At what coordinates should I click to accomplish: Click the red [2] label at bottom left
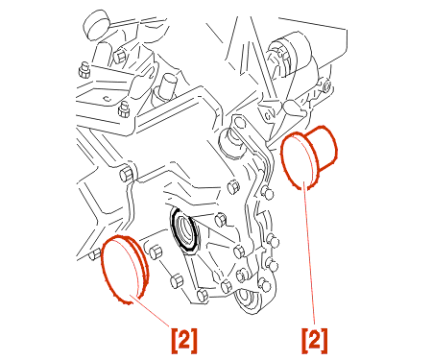click(x=184, y=341)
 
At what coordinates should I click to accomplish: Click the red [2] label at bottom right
click(x=315, y=341)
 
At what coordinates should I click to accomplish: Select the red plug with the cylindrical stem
click(x=308, y=157)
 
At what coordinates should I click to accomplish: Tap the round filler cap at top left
click(x=97, y=25)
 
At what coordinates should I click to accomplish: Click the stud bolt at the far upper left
click(x=84, y=70)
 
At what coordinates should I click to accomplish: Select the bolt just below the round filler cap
click(x=120, y=56)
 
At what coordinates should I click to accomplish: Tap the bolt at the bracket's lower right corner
click(x=124, y=109)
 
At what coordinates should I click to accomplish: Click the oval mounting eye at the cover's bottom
click(x=247, y=300)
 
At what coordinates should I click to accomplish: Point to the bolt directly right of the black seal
click(x=221, y=220)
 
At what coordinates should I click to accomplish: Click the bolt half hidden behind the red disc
click(x=95, y=254)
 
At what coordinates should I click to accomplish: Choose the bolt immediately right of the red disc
click(x=156, y=252)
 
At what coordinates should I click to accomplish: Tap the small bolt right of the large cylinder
click(x=326, y=86)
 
